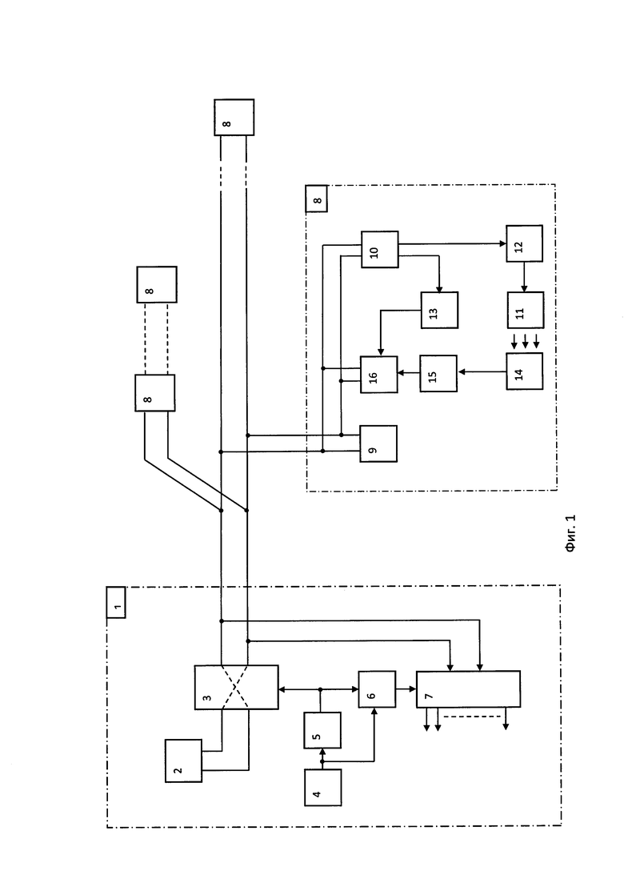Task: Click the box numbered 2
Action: [183, 761]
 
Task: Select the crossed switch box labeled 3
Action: [236, 687]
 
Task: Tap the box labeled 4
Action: [323, 788]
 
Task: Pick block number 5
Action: [322, 730]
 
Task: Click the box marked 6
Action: [377, 688]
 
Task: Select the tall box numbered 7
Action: [468, 688]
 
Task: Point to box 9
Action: [378, 444]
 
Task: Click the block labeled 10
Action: [380, 249]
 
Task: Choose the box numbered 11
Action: [526, 310]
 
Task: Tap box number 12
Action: [525, 243]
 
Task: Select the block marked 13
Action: [439, 310]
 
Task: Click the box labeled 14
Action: [525, 371]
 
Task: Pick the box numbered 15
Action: [438, 373]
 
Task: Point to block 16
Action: [378, 375]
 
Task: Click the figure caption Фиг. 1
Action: [571, 533]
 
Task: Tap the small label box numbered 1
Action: [116, 602]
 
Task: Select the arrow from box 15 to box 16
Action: [409, 372]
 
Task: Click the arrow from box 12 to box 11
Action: [524, 276]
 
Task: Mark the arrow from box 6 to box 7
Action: [406, 688]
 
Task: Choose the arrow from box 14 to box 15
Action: [482, 371]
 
